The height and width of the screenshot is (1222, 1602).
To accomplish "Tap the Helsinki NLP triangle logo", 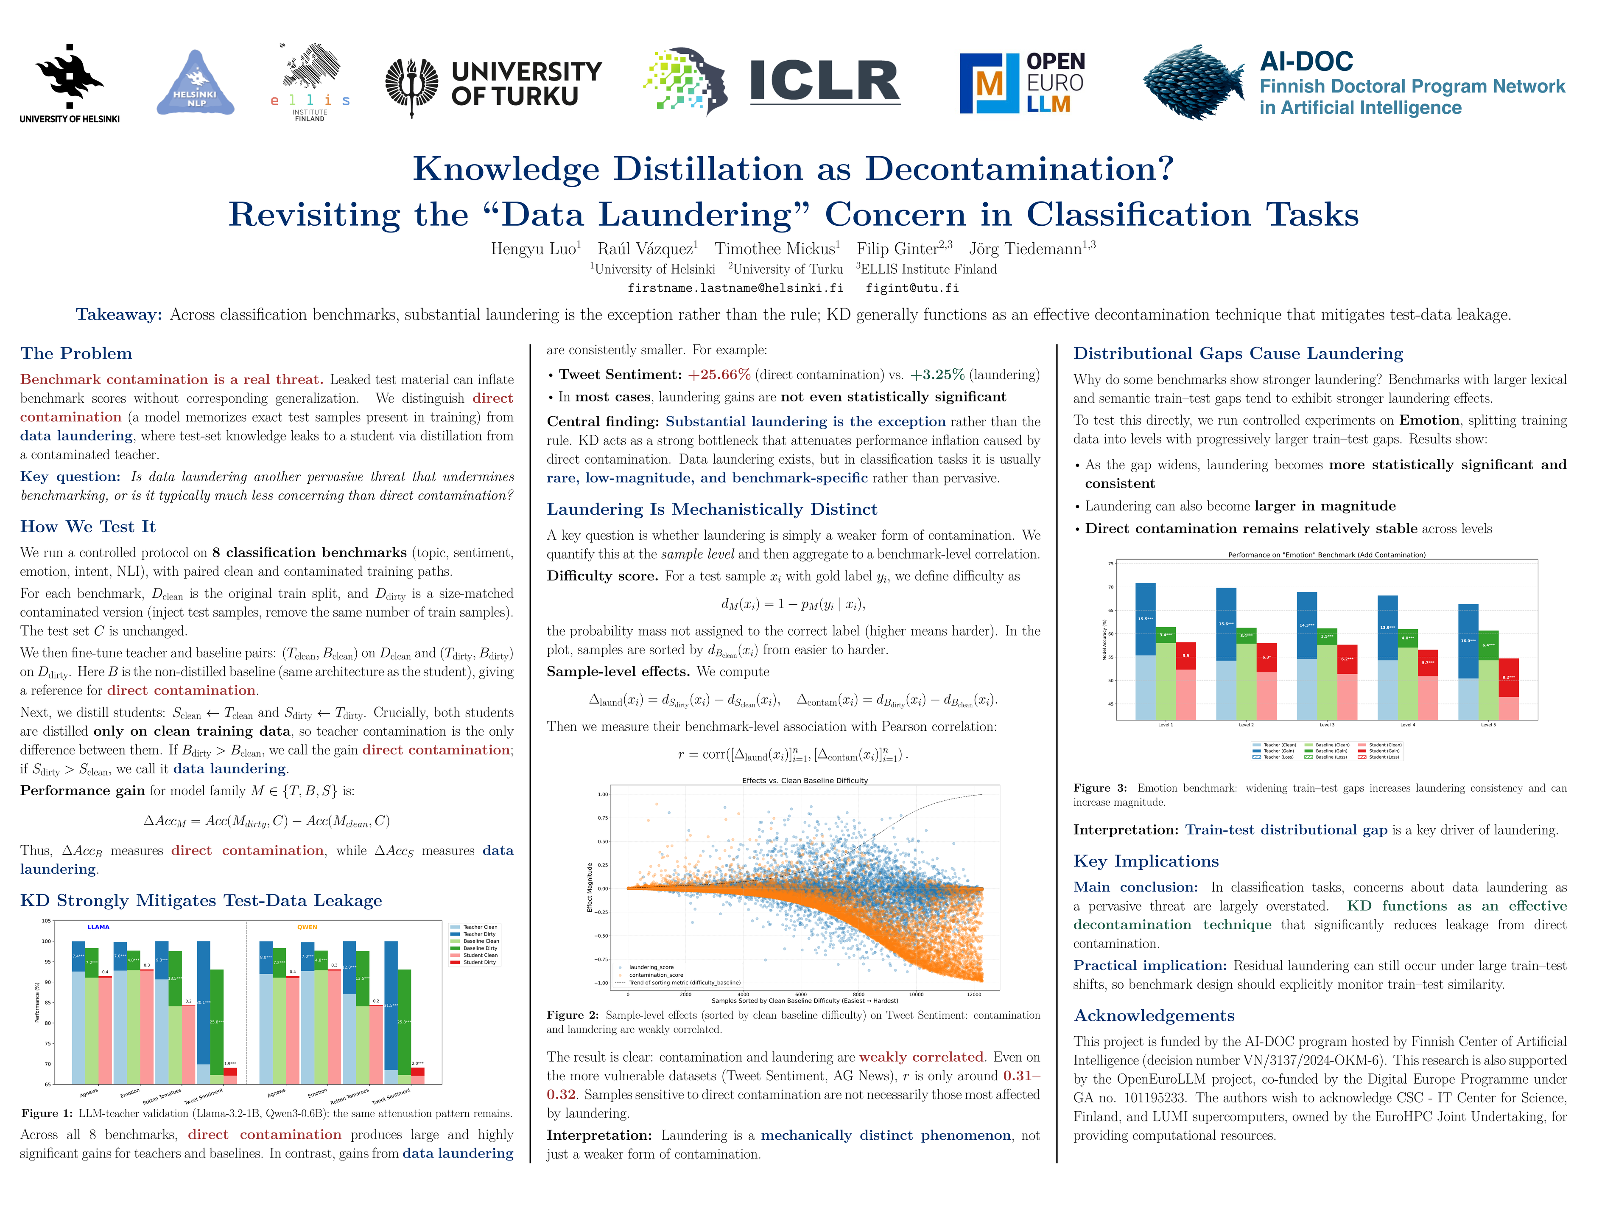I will (x=195, y=84).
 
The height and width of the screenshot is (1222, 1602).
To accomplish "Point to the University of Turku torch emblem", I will (x=411, y=86).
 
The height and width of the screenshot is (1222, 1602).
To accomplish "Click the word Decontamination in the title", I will (x=1019, y=169).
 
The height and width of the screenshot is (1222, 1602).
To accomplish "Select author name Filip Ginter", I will (x=897, y=249).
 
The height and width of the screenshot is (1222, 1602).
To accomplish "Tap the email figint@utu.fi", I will (x=912, y=288).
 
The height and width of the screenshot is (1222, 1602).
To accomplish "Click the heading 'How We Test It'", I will (x=88, y=527).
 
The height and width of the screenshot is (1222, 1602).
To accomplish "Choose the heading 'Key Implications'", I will (x=1145, y=861).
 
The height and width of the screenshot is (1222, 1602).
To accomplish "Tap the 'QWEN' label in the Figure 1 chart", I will (x=307, y=928).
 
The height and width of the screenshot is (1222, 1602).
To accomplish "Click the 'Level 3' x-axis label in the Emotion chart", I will (x=1326, y=725).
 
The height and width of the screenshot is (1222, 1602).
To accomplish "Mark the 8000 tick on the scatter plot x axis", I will (x=858, y=994).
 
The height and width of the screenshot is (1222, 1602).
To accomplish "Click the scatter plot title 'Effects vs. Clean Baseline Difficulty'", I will (x=804, y=780).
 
